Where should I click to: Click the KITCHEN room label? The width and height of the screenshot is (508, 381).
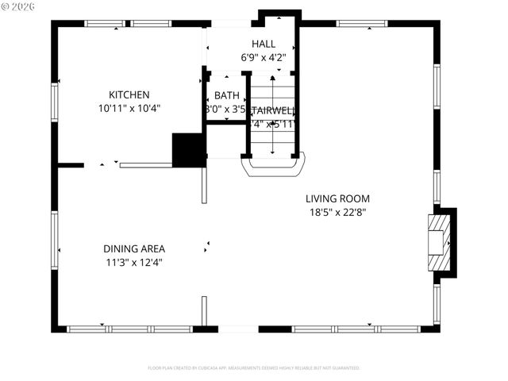(x=129, y=94)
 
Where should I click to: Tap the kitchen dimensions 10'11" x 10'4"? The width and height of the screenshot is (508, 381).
(x=129, y=108)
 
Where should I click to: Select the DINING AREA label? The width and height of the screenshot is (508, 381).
(x=134, y=248)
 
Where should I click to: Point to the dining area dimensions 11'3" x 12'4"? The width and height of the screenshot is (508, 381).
(x=134, y=262)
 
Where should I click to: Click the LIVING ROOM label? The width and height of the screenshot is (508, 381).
(x=337, y=198)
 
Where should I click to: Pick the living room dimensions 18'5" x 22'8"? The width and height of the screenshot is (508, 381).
(x=337, y=212)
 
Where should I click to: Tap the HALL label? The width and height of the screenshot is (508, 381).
(x=264, y=44)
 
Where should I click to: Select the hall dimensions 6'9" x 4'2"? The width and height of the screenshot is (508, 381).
(x=264, y=57)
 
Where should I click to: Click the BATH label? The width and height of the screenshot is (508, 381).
(x=226, y=95)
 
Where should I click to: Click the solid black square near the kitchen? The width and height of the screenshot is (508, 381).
(x=188, y=150)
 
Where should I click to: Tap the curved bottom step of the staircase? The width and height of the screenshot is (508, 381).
(x=273, y=167)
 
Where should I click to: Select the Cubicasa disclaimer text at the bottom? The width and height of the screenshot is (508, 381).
(x=254, y=368)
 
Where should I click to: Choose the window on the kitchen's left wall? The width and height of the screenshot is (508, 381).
(x=55, y=107)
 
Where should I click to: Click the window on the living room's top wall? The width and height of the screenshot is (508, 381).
(x=361, y=24)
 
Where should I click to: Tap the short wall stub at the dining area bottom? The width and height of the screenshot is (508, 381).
(x=204, y=310)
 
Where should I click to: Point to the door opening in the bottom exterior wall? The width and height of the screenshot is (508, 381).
(x=238, y=328)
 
